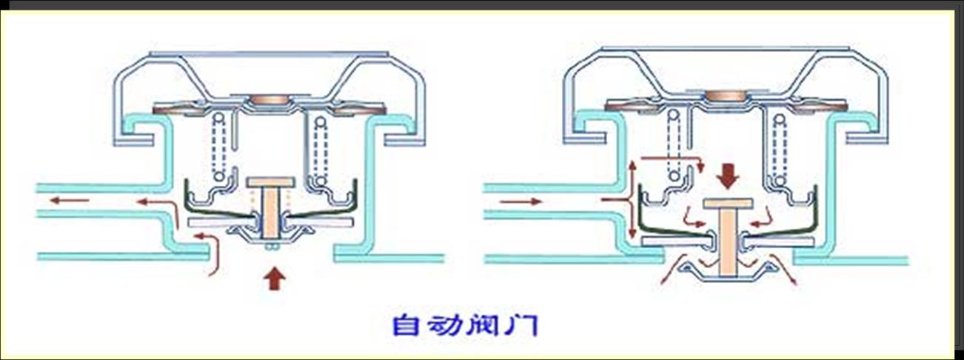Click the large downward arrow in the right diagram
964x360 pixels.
729,175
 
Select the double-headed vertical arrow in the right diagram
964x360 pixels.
632,199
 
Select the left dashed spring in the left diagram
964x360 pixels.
218,148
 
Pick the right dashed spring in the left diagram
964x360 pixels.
320,148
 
